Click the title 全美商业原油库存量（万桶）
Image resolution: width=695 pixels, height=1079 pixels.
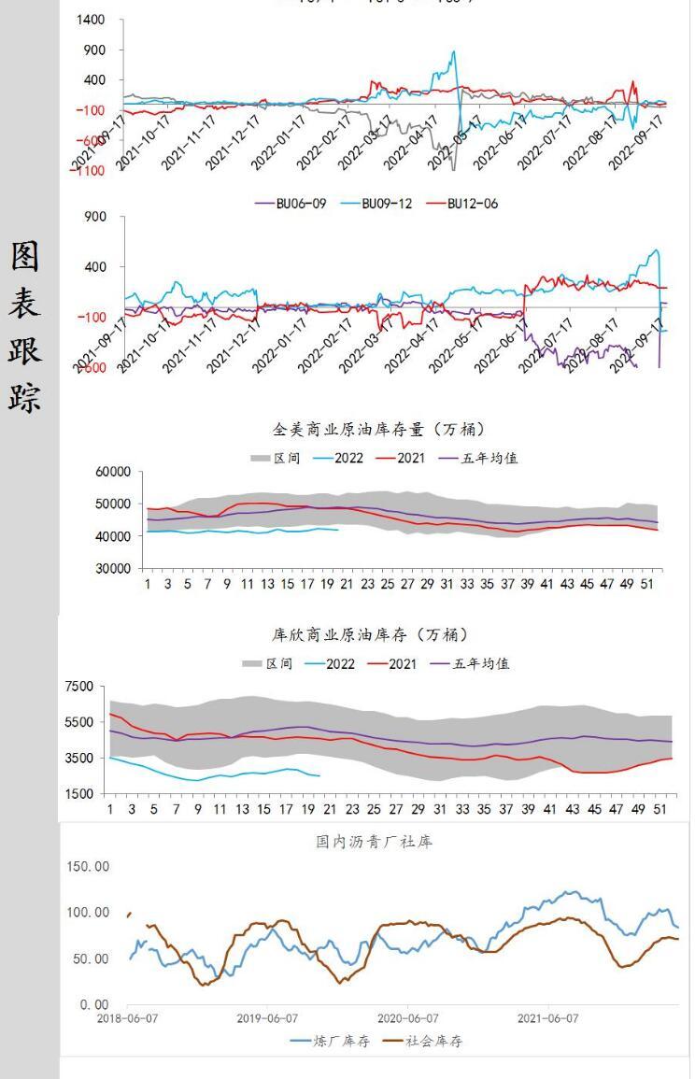[378, 430]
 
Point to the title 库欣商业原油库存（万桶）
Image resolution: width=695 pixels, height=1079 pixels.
[369, 635]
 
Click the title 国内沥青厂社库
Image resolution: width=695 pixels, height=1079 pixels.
[374, 842]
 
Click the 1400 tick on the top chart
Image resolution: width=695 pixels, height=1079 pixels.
[92, 20]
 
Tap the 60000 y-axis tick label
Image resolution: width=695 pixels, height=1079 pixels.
[112, 473]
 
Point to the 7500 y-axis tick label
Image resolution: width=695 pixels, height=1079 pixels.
[79, 687]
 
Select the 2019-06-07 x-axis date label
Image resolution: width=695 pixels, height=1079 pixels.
[267, 1018]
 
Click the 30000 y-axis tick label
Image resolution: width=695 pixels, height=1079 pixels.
[112, 568]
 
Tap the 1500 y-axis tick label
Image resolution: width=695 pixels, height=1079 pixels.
[79, 794]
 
